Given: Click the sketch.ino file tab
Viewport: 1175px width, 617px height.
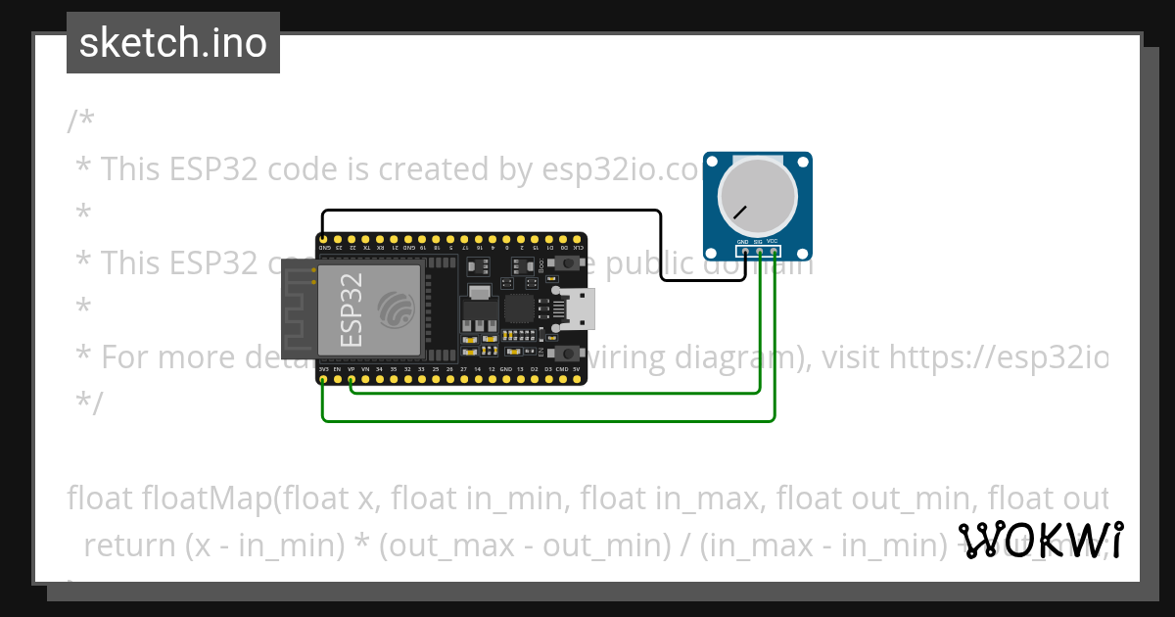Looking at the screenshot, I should (173, 43).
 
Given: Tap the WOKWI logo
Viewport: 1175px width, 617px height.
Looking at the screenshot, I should (1040, 540).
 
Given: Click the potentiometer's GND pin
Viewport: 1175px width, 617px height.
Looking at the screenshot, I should (744, 252).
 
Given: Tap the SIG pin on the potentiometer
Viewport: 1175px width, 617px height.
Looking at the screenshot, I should (759, 252).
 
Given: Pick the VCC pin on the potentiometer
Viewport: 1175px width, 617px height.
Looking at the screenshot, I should (774, 252).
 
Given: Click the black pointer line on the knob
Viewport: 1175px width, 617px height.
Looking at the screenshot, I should (741, 211).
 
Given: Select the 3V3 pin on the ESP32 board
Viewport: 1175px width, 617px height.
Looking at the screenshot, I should (323, 378).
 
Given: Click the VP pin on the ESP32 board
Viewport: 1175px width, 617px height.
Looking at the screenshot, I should (351, 378).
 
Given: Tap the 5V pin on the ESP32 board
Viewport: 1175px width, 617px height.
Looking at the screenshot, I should (577, 378).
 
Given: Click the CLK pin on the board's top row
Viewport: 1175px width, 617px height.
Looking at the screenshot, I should (578, 239).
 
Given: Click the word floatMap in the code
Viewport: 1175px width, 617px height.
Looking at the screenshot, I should (207, 498).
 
